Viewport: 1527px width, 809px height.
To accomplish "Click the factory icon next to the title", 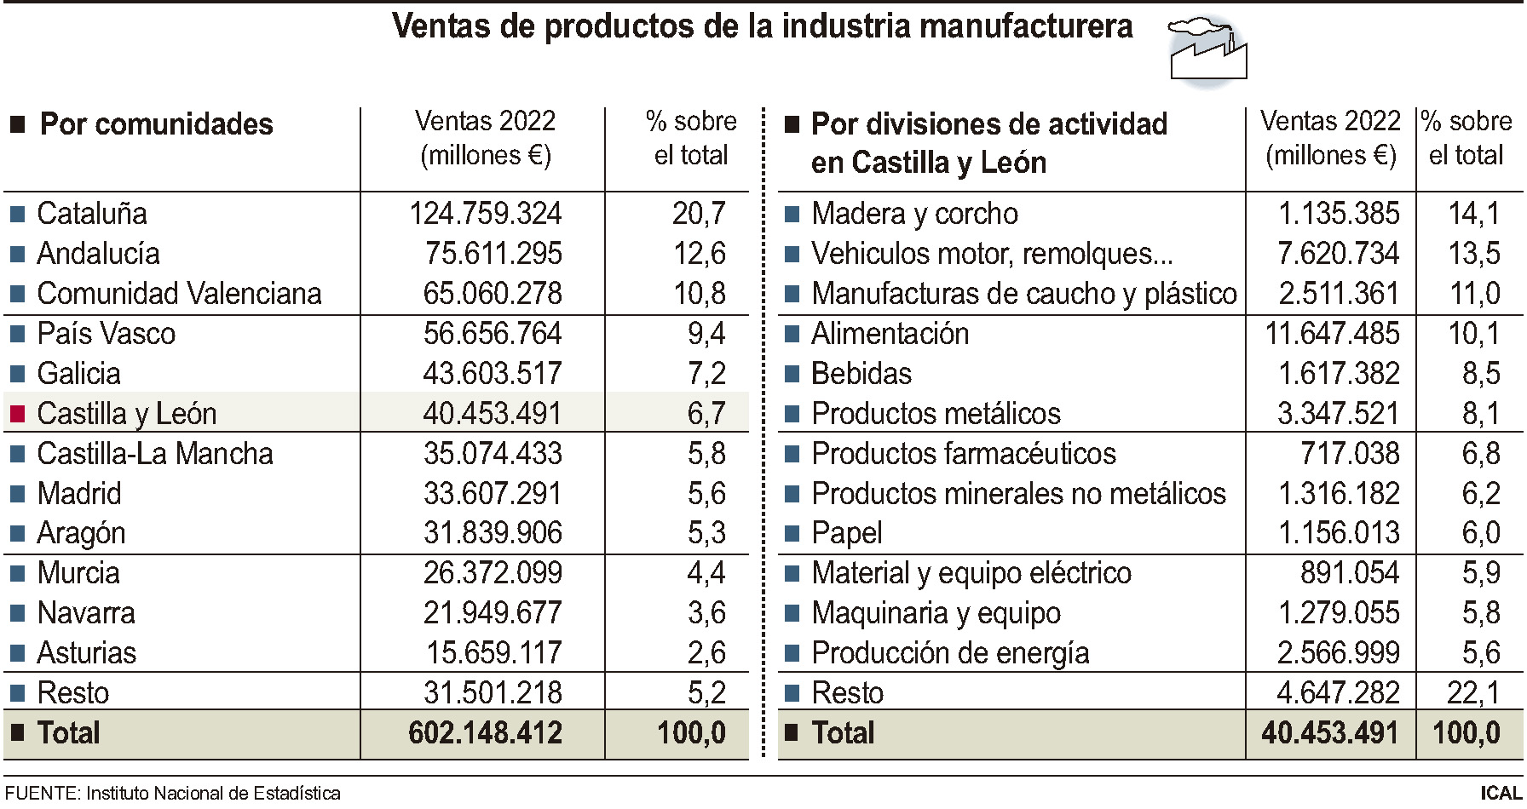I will tap(1207, 53).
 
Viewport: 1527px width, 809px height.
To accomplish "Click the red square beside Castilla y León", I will tap(17, 414).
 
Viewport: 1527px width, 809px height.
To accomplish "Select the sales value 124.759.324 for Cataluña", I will tap(485, 213).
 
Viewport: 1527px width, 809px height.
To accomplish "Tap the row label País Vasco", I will tap(106, 333).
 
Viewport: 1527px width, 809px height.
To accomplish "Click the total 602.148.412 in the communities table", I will tap(485, 733).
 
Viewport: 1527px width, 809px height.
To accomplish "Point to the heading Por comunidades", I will tap(156, 124).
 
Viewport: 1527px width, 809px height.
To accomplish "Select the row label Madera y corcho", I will tap(914, 213).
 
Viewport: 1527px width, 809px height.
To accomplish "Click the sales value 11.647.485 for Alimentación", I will tap(1331, 333).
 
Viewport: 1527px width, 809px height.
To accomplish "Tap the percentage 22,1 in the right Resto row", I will tap(1473, 693).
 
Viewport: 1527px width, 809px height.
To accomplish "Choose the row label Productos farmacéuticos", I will tap(963, 453).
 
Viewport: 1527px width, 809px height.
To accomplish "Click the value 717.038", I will tap(1349, 453).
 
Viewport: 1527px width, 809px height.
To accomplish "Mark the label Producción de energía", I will tap(950, 653).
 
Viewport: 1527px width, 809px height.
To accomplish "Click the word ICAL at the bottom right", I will tap(1501, 794).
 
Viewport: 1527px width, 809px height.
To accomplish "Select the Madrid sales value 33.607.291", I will tap(493, 493).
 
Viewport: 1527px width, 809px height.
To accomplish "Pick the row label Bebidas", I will tap(861, 374).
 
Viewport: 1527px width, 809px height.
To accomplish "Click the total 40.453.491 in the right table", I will tap(1329, 733).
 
